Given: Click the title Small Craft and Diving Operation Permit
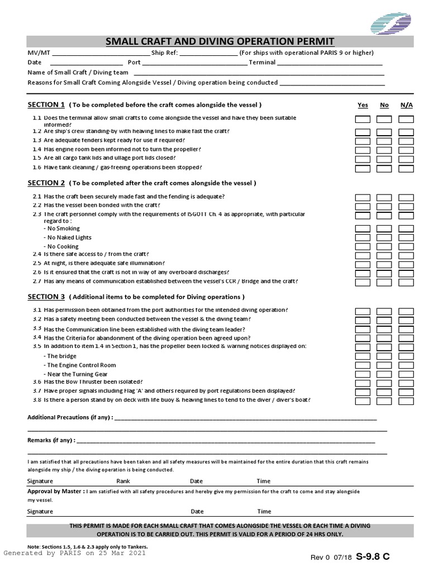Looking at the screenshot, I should (220, 42).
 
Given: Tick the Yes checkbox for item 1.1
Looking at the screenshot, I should (363, 119).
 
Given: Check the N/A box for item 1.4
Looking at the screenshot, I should (406, 150).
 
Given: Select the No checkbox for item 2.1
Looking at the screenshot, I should (384, 198).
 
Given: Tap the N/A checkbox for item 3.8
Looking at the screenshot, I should (406, 401).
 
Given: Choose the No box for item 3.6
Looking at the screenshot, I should (384, 383).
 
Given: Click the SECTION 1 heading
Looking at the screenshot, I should (46, 105).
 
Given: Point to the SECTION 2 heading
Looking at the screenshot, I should (46, 183).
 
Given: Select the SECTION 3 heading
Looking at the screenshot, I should (46, 297).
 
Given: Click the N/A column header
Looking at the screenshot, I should (406, 105).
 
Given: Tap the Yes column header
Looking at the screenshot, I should (363, 105).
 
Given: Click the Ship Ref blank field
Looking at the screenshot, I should (209, 53).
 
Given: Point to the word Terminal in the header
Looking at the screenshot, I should (262, 63).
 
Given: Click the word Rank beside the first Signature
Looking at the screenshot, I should (123, 481).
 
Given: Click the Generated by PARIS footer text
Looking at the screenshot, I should (75, 553).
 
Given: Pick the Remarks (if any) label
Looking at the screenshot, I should (50, 440).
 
